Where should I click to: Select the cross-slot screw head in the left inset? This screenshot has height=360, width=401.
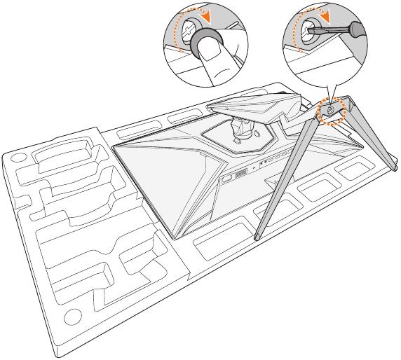[189, 29]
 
